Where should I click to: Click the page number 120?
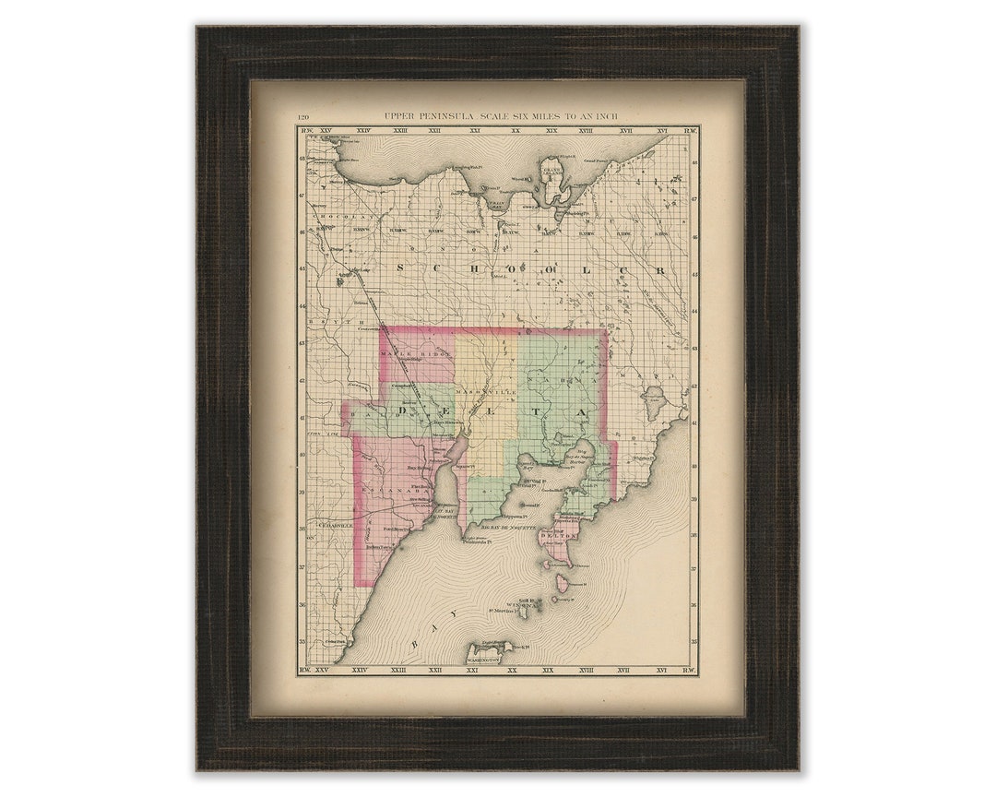click(302, 117)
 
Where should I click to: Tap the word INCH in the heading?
click(605, 117)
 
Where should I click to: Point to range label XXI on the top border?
click(475, 132)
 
